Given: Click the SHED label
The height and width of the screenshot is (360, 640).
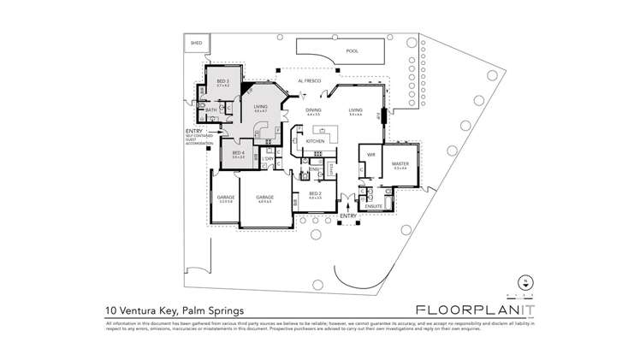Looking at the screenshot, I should coord(196,42).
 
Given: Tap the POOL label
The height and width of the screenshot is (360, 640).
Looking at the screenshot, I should coord(351,51).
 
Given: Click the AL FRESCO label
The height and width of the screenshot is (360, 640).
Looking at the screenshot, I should coord(308,81).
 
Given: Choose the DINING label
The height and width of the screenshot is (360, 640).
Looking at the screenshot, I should coord(314,110).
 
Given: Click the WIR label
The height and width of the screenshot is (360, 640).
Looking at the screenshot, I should coord(371,155).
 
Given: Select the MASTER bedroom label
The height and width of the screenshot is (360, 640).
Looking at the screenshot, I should coord(400,163).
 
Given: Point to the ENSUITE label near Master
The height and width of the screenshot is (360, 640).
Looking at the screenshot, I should coord(374,205).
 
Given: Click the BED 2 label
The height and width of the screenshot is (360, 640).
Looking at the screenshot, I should coord(315,193).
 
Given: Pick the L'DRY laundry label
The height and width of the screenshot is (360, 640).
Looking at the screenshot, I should coord(268,159).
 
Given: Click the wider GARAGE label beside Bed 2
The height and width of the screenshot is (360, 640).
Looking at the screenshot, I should coord(265,198).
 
